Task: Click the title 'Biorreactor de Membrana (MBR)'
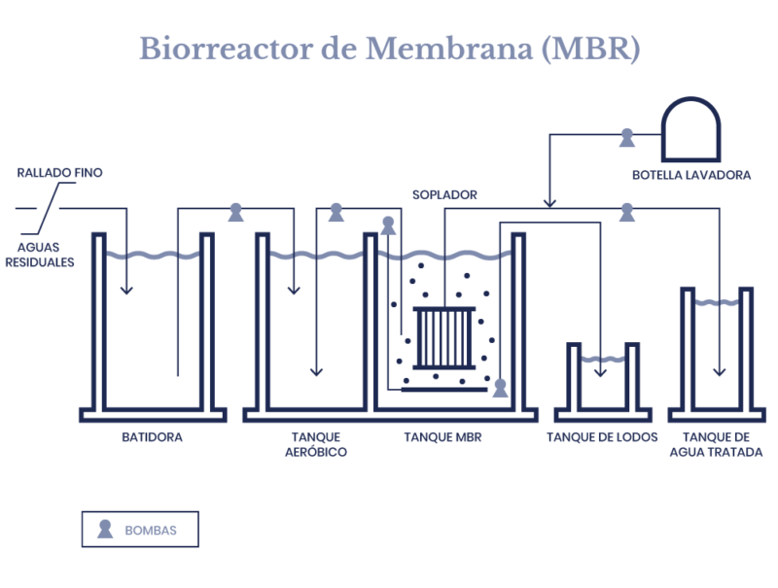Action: pos(389,49)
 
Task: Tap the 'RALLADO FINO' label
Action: pos(59,173)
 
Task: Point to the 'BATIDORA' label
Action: pos(153,437)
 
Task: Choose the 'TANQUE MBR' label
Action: pos(442,437)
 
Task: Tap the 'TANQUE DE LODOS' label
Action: pos(603,437)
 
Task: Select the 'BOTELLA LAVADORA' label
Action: pos(690,175)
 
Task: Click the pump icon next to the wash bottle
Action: pos(626,138)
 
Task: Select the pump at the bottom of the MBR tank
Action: pos(500,388)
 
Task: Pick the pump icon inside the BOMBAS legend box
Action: pos(105,530)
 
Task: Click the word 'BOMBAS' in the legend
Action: pos(151,531)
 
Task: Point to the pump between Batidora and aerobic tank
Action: pos(235,212)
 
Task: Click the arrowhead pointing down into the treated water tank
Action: pos(720,371)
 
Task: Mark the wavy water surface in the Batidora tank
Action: pos(153,256)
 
